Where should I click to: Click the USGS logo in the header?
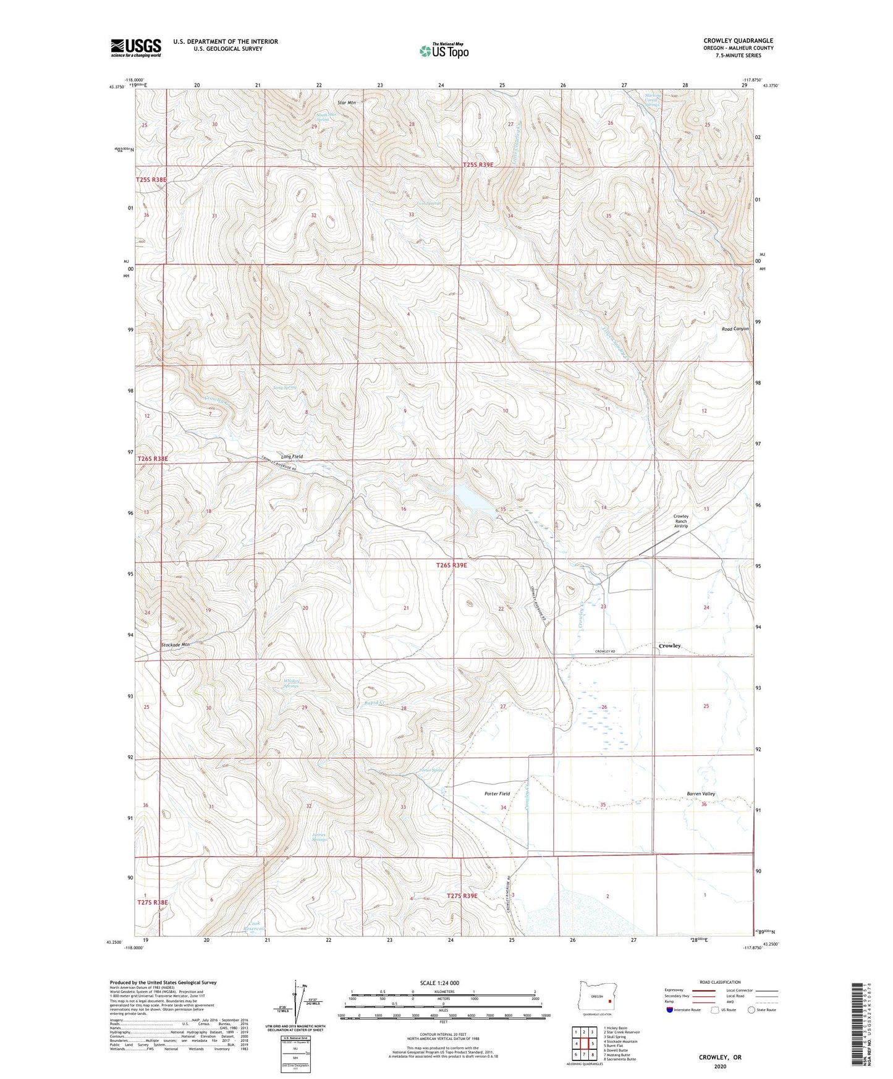136,48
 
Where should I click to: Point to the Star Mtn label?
347,103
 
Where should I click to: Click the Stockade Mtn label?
175,645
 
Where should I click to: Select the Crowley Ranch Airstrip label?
680,521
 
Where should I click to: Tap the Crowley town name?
669,645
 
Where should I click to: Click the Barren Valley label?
701,793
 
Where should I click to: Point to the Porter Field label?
497,793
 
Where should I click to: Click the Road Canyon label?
735,329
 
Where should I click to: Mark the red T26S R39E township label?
460,565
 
